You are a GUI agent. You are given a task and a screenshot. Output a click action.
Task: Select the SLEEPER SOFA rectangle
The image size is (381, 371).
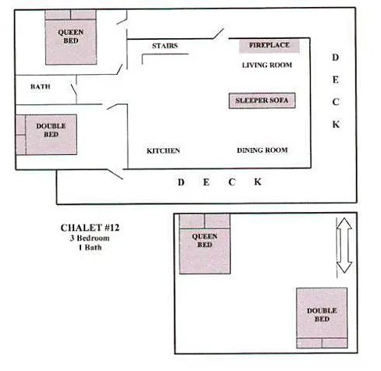[262, 101]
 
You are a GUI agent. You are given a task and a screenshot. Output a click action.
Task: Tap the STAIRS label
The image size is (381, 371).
[164, 46]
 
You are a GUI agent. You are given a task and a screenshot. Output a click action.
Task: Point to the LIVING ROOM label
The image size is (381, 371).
[266, 65]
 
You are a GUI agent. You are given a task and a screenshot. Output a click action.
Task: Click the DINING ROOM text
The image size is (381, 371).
[262, 150]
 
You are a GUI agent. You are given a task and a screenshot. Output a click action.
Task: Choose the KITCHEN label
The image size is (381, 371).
[164, 150]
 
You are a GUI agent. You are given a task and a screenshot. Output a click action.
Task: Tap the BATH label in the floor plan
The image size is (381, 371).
[40, 87]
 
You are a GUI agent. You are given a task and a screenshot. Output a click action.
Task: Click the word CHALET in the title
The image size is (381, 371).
[79, 228]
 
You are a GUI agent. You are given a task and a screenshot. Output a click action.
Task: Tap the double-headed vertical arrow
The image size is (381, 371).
[344, 245]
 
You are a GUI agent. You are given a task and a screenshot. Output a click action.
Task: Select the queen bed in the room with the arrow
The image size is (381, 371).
[205, 244]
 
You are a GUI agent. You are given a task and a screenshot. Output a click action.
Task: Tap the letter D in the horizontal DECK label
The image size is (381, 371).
[181, 182]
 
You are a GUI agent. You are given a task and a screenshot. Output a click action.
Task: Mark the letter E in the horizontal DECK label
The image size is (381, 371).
[206, 182]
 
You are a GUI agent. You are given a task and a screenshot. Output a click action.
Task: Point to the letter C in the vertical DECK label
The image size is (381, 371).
[336, 102]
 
